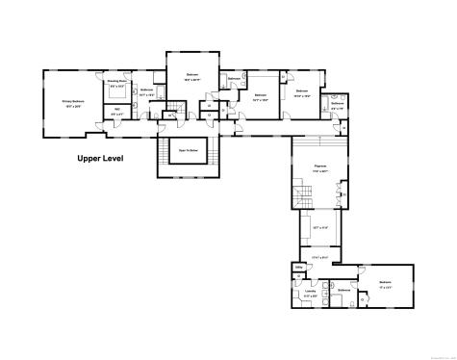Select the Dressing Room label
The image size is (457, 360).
click(117, 83)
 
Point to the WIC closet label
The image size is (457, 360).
click(117, 109)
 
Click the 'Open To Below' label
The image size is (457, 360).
click(189, 150)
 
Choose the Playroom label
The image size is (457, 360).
click(320, 166)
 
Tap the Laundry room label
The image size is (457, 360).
click(310, 289)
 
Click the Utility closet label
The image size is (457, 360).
click(298, 267)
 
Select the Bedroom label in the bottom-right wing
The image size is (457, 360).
click(385, 282)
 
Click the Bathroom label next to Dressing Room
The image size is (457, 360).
click(147, 90)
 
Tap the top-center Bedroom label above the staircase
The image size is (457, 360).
click(191, 73)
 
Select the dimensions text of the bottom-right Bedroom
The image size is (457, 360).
click(385, 287)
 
